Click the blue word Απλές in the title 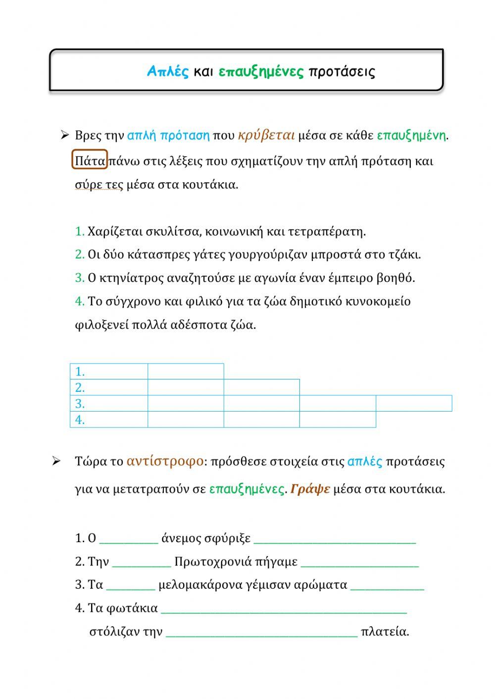click(168, 72)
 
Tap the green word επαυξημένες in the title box click(261, 72)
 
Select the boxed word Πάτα click(90, 161)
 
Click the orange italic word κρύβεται click(266, 135)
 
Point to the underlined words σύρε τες click(99, 185)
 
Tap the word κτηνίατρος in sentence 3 click(132, 278)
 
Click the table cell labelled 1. click(109, 372)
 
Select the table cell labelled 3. click(109, 404)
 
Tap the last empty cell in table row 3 click(414, 404)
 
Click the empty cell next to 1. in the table click(186, 372)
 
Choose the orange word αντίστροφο click(165, 461)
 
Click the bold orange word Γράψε click(310, 489)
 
